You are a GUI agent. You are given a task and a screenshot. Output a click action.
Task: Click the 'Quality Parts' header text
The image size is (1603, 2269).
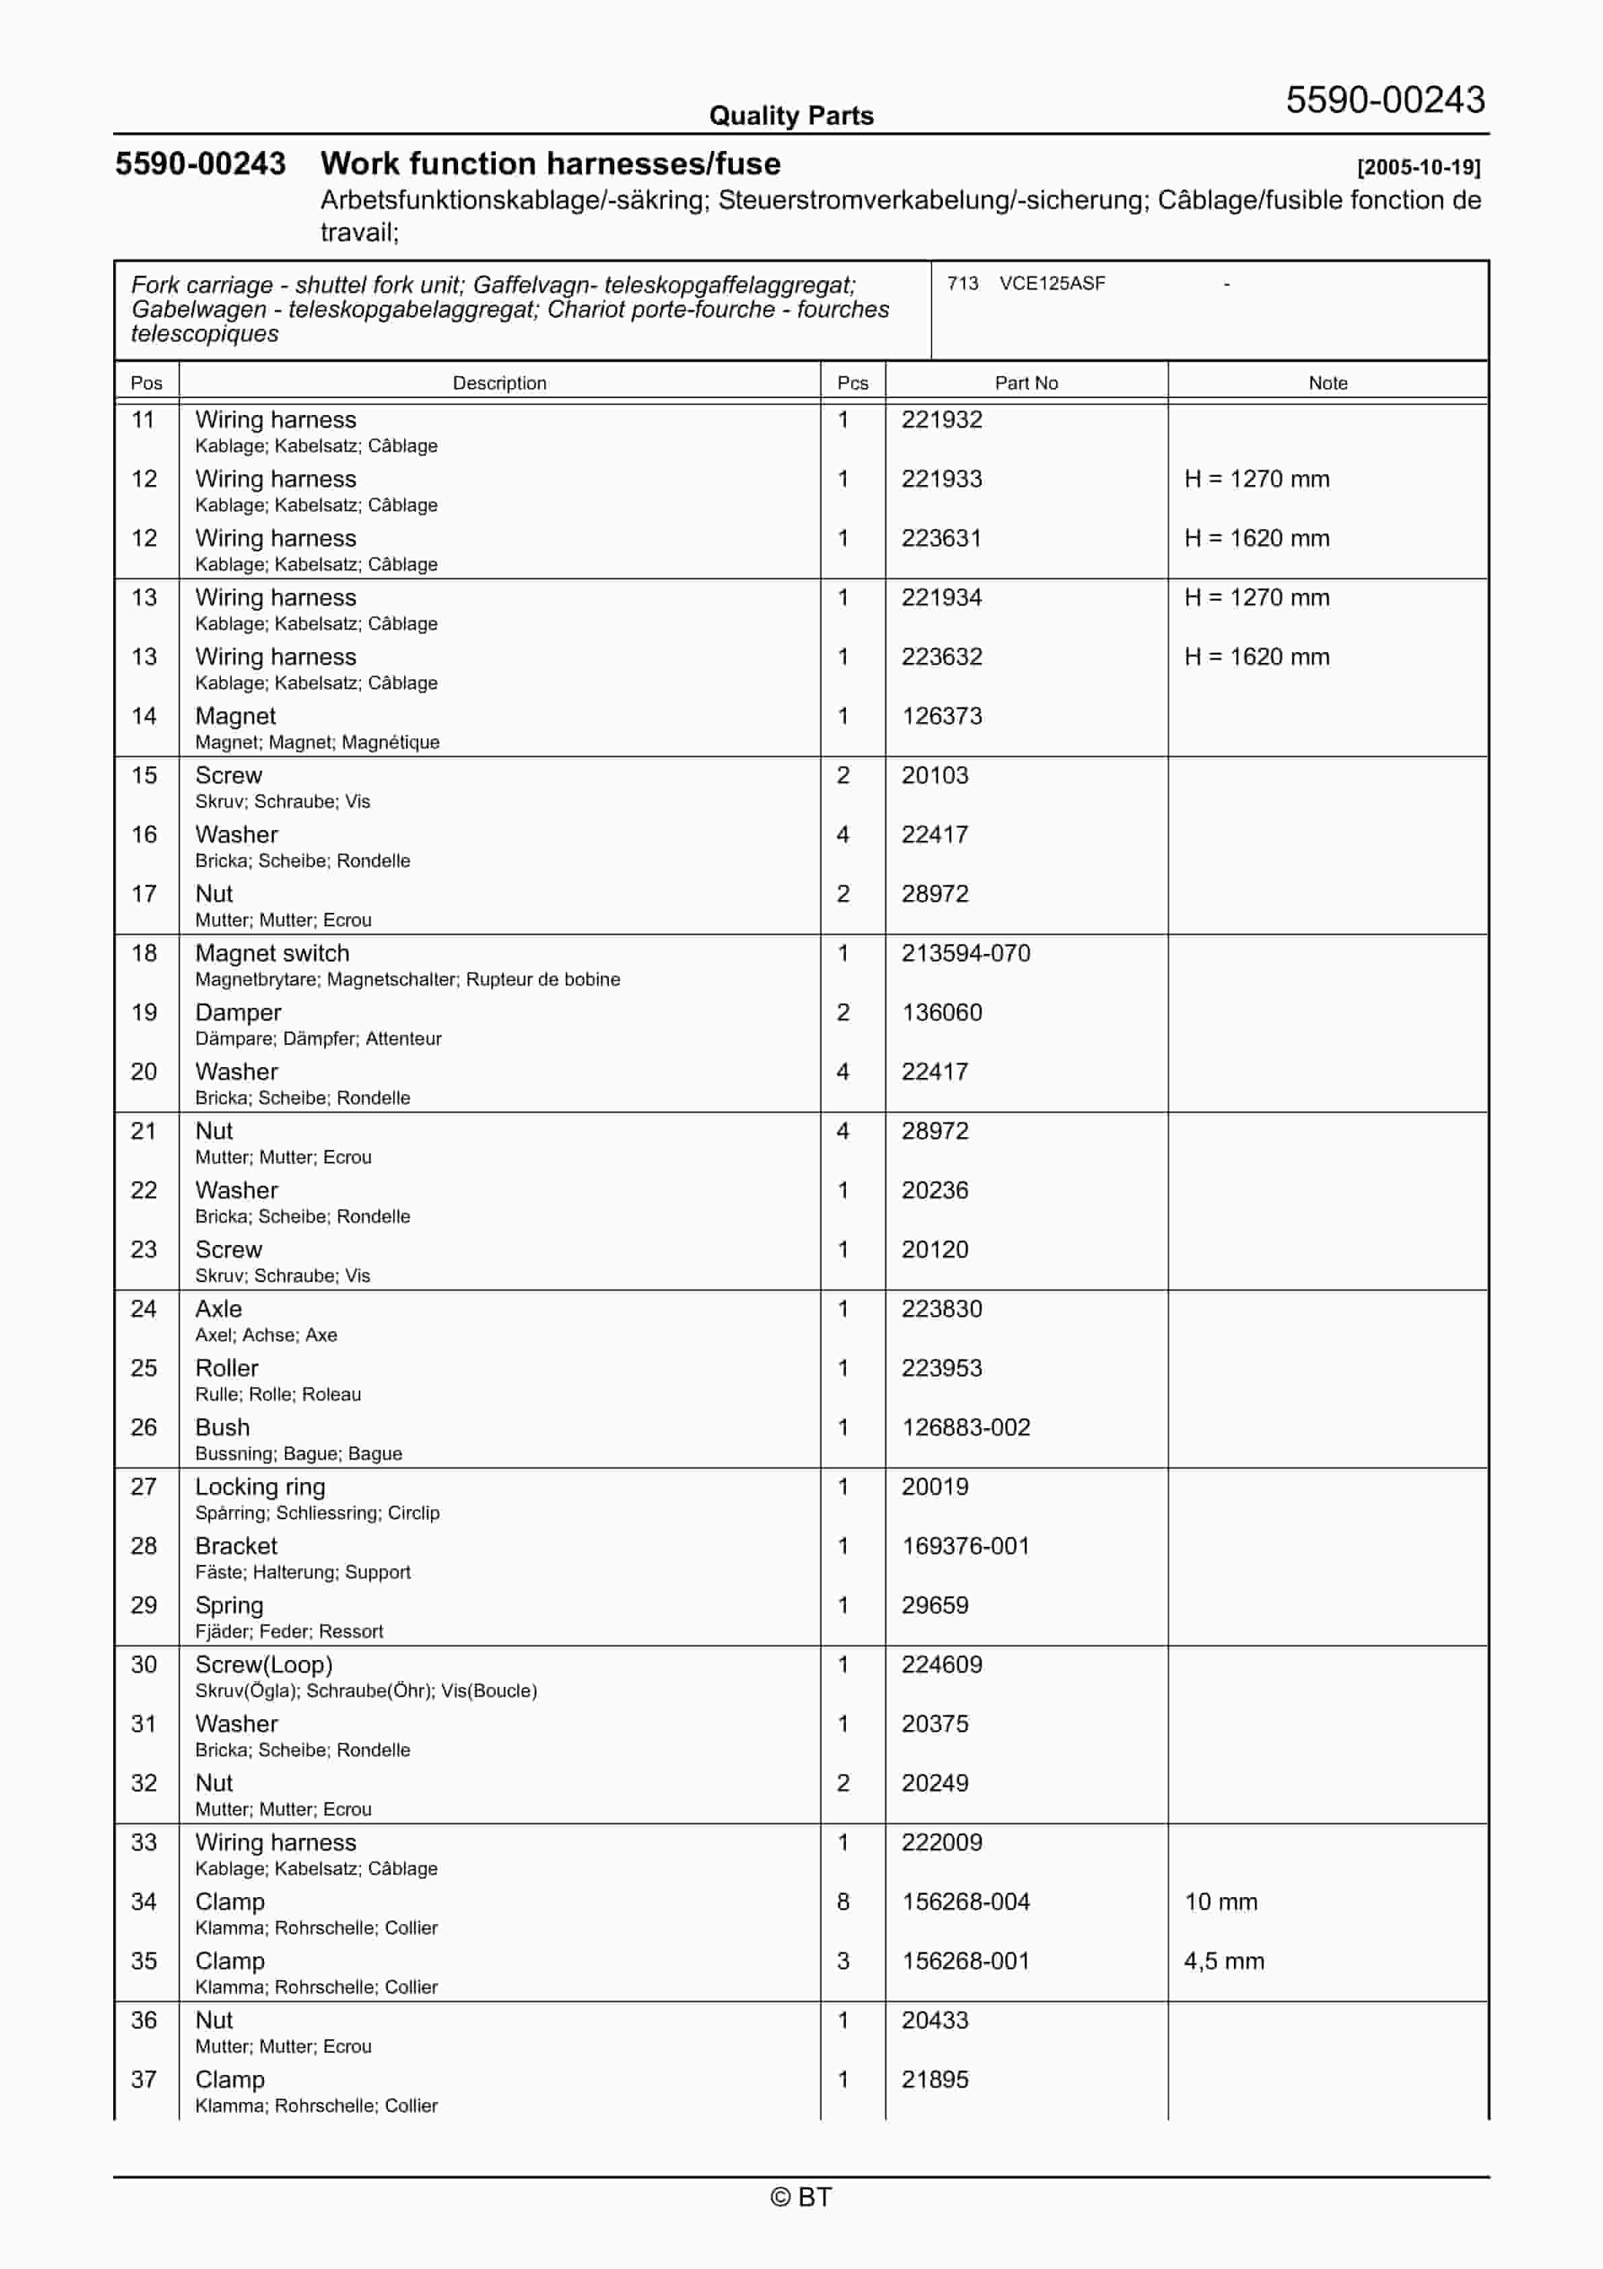pos(791,116)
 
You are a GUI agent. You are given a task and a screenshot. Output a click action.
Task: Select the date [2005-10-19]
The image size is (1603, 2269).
pos(1418,167)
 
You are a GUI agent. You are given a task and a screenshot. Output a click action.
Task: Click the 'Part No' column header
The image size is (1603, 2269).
pos(1026,383)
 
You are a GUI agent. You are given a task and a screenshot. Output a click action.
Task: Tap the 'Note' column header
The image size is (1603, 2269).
pos(1328,383)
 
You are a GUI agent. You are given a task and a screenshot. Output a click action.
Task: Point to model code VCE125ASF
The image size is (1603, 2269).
pos(1051,284)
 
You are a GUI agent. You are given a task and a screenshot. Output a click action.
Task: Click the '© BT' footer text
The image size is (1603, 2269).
pos(801,2197)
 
